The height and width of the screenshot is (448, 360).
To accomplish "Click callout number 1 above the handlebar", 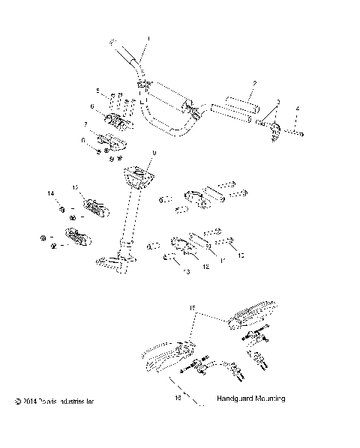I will [148, 38].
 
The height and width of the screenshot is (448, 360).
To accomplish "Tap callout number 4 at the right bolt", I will [297, 109].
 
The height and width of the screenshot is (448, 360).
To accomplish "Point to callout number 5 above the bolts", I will [97, 91].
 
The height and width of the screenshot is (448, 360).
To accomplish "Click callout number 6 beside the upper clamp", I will [92, 107].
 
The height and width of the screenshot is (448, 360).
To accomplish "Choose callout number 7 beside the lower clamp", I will [85, 124].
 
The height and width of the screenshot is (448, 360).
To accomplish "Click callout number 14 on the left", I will [52, 194].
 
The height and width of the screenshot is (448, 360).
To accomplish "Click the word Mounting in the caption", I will [271, 400].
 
